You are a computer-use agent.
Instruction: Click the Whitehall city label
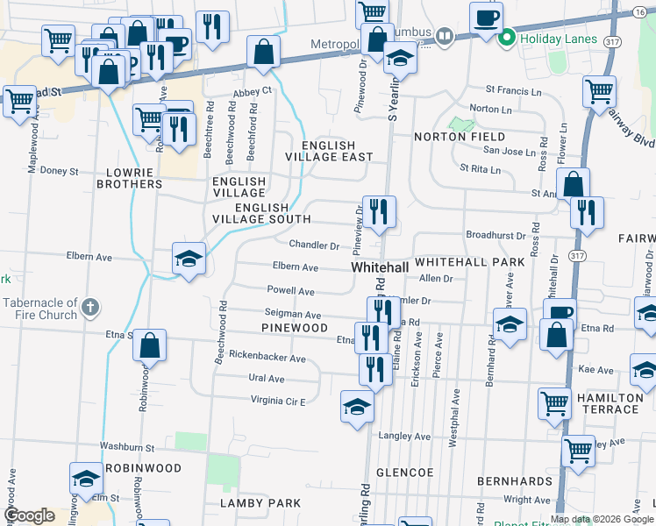(x=381, y=266)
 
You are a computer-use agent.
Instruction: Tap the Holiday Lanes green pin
(x=506, y=39)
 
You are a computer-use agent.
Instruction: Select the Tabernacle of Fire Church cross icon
(x=90, y=308)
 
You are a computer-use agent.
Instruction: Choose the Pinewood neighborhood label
(x=294, y=327)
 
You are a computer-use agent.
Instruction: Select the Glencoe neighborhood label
(x=405, y=472)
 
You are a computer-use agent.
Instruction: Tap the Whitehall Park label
(x=469, y=262)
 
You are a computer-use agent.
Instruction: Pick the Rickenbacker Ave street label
(x=267, y=358)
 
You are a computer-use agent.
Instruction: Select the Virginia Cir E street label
(x=278, y=401)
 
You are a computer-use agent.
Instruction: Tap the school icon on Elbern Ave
(x=189, y=259)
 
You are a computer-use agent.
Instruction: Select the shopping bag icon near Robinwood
(x=150, y=345)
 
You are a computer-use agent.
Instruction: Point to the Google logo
(x=29, y=515)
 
